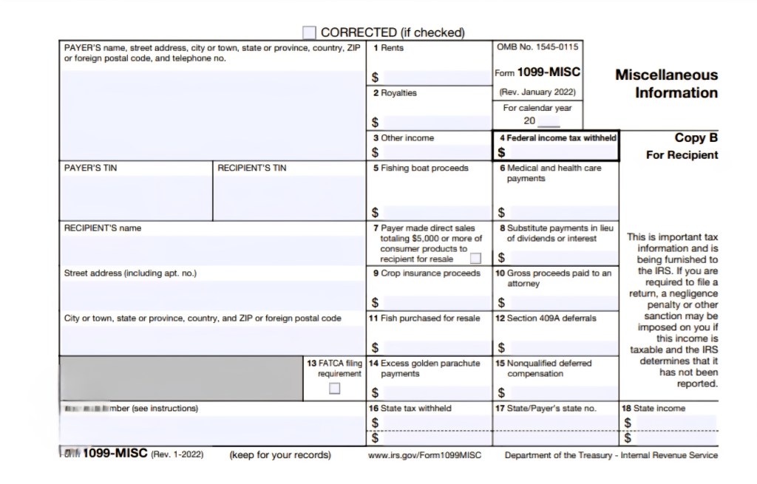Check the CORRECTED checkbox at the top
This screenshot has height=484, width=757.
pyautogui.click(x=309, y=33)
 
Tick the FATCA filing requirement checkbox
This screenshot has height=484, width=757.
pyautogui.click(x=335, y=388)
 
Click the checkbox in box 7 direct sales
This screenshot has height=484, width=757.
pyautogui.click(x=475, y=258)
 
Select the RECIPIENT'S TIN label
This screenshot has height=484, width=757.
pyautogui.click(x=251, y=168)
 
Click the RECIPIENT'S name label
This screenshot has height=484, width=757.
pyautogui.click(x=102, y=228)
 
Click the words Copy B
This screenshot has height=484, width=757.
pyautogui.click(x=696, y=137)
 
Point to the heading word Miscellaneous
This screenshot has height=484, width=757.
pyautogui.click(x=666, y=75)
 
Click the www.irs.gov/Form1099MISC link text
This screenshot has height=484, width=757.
pyautogui.click(x=424, y=455)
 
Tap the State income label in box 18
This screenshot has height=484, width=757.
pyautogui.click(x=659, y=408)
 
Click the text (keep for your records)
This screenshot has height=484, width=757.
pyautogui.click(x=280, y=454)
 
